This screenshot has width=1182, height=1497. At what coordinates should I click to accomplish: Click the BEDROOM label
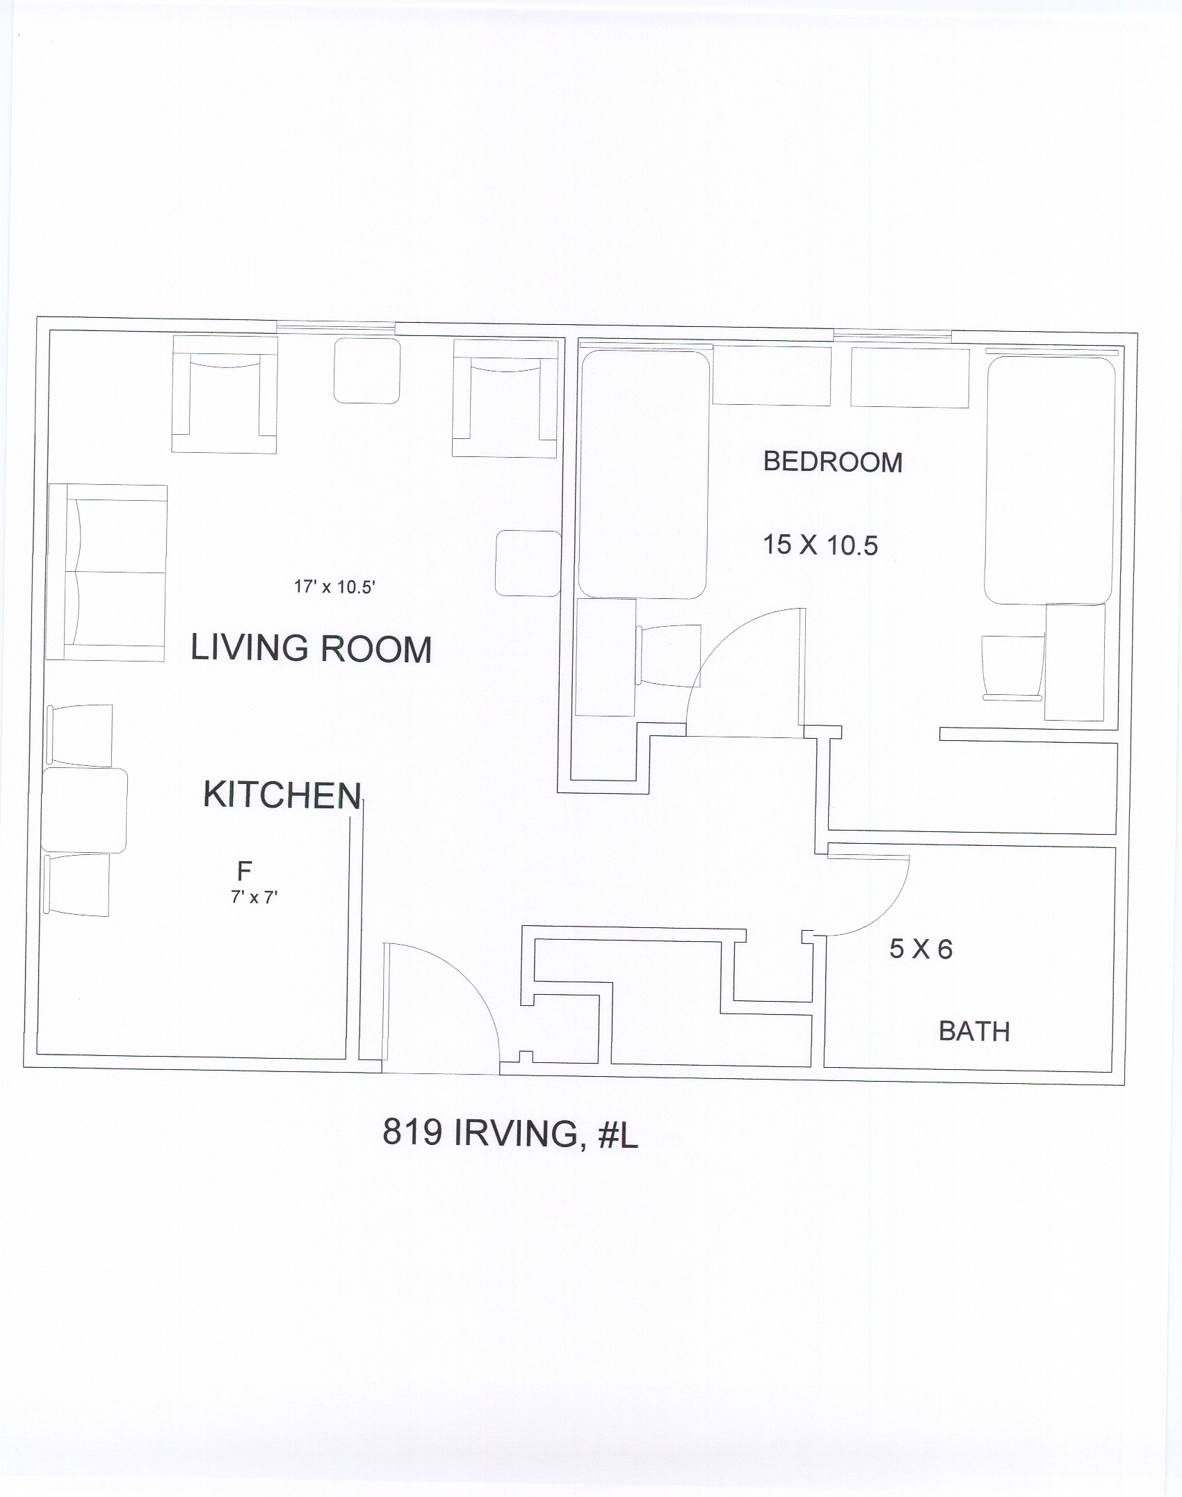[x=833, y=462]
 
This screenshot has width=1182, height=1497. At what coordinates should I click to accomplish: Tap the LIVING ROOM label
[x=311, y=648]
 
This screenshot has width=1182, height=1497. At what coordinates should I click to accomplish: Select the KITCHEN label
[x=282, y=794]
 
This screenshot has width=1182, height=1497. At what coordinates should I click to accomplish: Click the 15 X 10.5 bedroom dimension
[x=820, y=545]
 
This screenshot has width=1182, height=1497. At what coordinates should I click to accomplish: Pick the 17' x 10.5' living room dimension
[x=334, y=587]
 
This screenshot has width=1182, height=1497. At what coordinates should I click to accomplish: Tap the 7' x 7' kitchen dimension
[x=254, y=897]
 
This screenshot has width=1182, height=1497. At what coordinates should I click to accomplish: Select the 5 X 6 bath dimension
[x=921, y=950]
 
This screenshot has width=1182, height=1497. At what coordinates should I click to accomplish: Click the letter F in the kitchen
[x=244, y=870]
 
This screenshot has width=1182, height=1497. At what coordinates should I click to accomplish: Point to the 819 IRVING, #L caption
[x=510, y=1134]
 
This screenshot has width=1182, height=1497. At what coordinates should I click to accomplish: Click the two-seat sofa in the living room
[x=106, y=573]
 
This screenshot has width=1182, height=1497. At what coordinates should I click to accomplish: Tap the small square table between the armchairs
[x=367, y=370]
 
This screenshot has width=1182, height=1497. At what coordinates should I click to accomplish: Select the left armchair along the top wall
[x=225, y=394]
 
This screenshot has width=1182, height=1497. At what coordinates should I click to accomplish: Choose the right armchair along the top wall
[x=505, y=397]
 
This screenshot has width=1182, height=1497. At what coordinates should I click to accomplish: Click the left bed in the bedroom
[x=643, y=474]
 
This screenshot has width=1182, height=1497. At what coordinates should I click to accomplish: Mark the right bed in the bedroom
[x=1050, y=480]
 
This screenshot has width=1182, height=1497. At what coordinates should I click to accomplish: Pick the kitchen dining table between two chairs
[x=84, y=810]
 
